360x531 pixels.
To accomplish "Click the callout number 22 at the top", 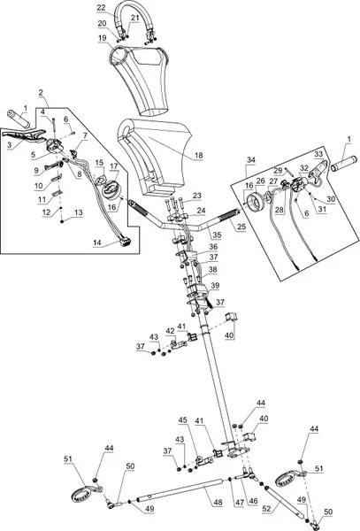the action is coord(101,7).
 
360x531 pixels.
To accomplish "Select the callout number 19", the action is coord(103,37).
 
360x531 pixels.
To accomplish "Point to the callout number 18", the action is coord(199,156).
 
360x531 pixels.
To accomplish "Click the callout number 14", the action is coord(97,242).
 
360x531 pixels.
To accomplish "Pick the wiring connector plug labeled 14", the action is coord(126,242).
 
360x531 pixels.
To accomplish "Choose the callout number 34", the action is coord(251,159).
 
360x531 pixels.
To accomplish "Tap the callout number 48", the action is coord(218,502).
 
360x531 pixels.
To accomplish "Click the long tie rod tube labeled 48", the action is coord(180,489).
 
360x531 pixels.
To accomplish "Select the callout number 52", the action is coord(267,508).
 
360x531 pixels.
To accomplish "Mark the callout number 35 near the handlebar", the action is coord(217,235).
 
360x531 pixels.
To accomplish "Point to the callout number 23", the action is coord(197,196).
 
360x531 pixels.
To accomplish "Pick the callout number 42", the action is coord(170,331).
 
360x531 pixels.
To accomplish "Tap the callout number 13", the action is coord(78,212).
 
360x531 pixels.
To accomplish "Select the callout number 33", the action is coord(318,154).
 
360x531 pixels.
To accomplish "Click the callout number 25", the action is coord(241,227).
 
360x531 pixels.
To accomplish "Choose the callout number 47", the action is coord(239,502).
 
